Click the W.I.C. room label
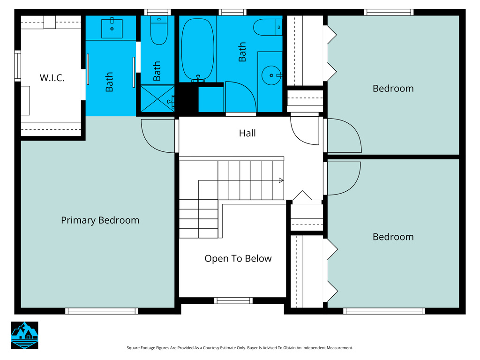pyautogui.click(x=52, y=78)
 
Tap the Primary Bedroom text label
pyautogui.click(x=100, y=220)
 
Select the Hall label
pyautogui.click(x=247, y=133)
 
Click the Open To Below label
pyautogui.click(x=238, y=259)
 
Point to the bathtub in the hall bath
pyautogui.click(x=197, y=50)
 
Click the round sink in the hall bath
pyautogui.click(x=271, y=75)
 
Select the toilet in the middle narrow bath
pyautogui.click(x=159, y=30)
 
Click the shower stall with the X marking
pyautogui.click(x=157, y=98)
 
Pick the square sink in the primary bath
pyautogui.click(x=112, y=29)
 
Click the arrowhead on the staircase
pyautogui.click(x=281, y=180)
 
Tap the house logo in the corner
pyautogui.click(x=24, y=335)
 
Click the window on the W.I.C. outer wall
pyautogui.click(x=17, y=66)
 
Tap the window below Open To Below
pyautogui.click(x=233, y=300)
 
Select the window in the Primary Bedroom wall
pyautogui.click(x=102, y=311)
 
